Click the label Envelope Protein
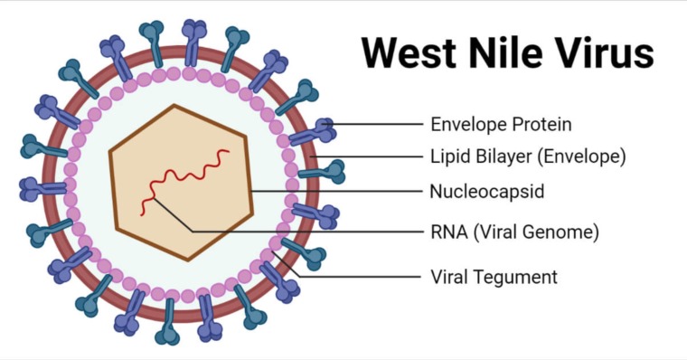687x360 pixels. tap(501, 125)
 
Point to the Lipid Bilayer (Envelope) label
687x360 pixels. tap(528, 156)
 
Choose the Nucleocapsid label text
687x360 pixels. tap(486, 192)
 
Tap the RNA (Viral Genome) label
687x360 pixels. tap(514, 232)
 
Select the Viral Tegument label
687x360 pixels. tap(494, 277)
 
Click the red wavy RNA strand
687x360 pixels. tap(184, 182)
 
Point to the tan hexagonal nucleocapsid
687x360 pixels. tap(181, 183)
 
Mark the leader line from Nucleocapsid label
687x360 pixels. tap(336, 192)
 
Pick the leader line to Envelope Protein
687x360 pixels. tap(372, 124)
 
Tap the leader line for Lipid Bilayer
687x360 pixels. tap(366, 156)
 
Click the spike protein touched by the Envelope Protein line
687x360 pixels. tap(313, 131)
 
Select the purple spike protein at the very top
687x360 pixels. tap(193, 43)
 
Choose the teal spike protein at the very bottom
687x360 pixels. tap(168, 322)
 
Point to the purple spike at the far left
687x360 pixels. tap(43, 189)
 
